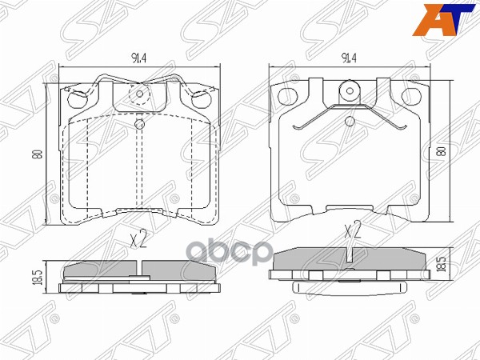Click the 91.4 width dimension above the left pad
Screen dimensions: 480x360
[x=138, y=58]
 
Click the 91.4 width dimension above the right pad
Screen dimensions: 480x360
[x=350, y=58]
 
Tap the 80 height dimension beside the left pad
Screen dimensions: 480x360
[x=38, y=154]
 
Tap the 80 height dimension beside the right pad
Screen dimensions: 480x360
[x=442, y=152]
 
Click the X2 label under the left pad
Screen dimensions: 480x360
[x=138, y=239]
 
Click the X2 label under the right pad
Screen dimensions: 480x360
[x=353, y=230]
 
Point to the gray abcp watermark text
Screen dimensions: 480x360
[x=230, y=253]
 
